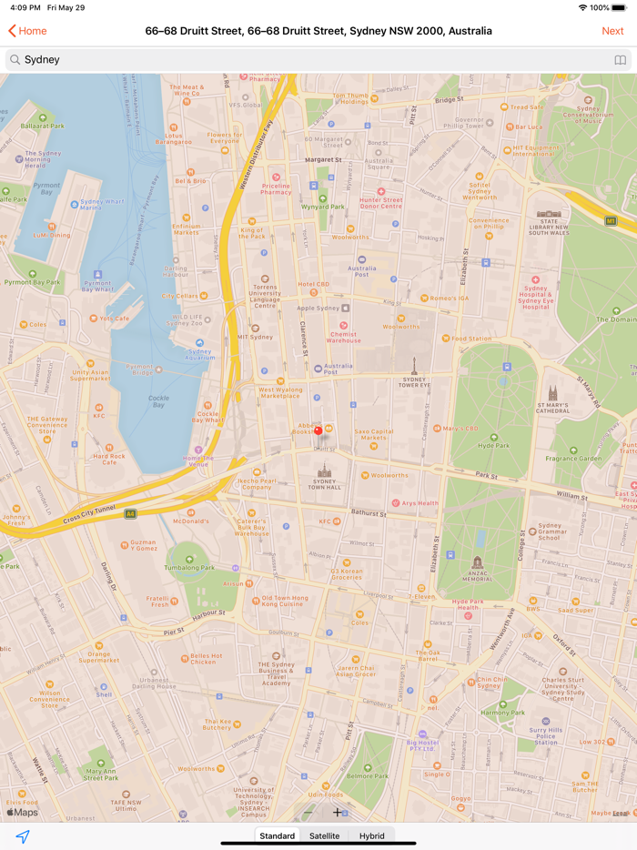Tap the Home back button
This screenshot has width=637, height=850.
[x=27, y=31]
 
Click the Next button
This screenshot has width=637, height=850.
[x=612, y=31]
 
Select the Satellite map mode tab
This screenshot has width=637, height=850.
[x=324, y=835]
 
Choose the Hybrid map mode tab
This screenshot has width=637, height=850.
[x=371, y=835]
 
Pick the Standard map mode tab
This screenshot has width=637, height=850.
[x=277, y=835]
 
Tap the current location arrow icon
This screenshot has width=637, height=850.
[x=23, y=836]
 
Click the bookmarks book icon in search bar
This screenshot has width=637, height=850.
[x=620, y=60]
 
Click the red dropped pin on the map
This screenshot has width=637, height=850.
[x=318, y=430]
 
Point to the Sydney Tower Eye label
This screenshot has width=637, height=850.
[x=414, y=382]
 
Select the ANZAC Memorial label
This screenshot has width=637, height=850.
[x=478, y=577]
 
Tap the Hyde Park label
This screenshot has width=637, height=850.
[x=494, y=446]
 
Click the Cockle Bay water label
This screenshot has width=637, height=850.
[x=158, y=400]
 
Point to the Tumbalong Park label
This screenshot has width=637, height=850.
[x=189, y=567]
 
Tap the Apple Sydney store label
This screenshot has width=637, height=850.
[x=318, y=309]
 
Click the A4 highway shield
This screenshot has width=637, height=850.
[x=130, y=514]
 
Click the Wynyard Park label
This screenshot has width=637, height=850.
[x=324, y=207]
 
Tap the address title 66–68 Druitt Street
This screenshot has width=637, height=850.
[x=318, y=31]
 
